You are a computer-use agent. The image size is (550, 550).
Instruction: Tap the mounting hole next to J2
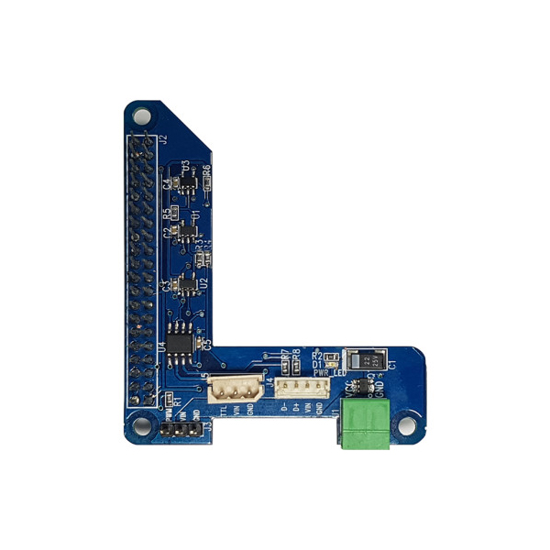click(141, 117)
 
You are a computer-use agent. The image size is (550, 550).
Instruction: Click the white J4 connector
click(298, 388)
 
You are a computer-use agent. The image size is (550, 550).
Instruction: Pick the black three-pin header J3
click(181, 428)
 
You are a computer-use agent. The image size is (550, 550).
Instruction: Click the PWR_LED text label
click(328, 372)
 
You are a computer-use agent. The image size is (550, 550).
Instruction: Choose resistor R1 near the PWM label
click(167, 399)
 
